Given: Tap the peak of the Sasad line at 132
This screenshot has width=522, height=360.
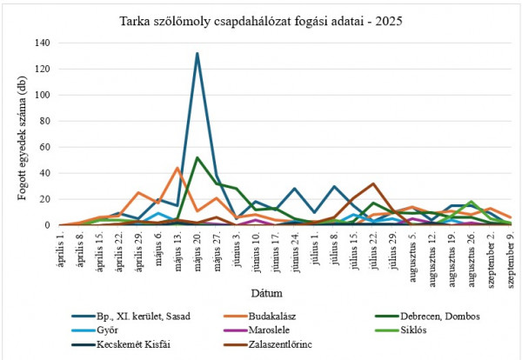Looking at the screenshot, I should pyautogui.click(x=197, y=53).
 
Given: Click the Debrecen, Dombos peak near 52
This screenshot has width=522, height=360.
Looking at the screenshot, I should pyautogui.click(x=197, y=157).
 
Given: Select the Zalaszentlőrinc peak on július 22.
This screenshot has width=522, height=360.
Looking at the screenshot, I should pyautogui.click(x=372, y=183).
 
